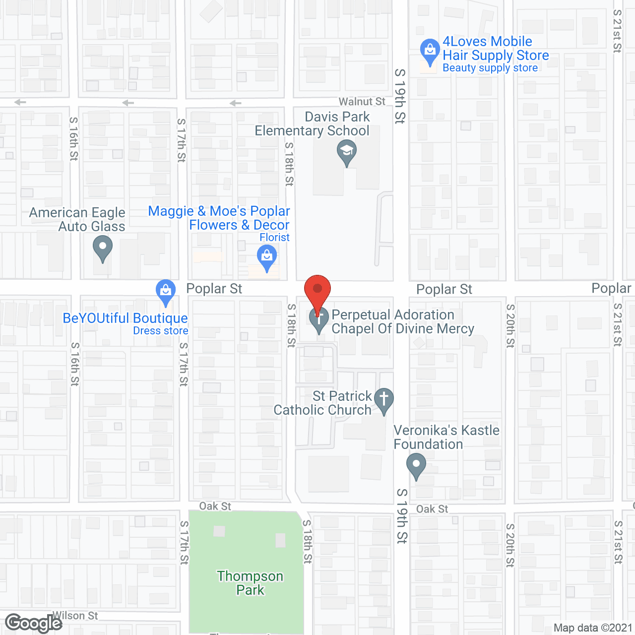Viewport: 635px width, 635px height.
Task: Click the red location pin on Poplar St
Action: (x=317, y=290)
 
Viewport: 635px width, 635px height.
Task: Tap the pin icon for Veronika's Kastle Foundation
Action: (x=416, y=466)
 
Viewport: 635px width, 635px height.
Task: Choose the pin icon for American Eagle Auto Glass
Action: (x=103, y=247)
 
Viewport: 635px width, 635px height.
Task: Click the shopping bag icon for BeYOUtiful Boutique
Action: (x=166, y=291)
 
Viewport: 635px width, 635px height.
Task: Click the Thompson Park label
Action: (x=250, y=583)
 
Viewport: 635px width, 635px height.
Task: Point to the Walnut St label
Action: (x=362, y=102)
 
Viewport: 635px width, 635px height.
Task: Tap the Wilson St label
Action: (x=75, y=616)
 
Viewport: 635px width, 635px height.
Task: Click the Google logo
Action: (x=33, y=623)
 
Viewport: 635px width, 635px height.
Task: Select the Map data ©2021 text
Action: (x=593, y=628)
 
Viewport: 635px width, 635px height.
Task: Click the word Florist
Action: (x=274, y=238)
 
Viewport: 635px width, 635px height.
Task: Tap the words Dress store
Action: (x=160, y=331)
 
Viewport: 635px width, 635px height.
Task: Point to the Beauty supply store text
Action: (x=490, y=68)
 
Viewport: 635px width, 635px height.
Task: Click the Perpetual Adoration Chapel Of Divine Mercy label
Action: (x=402, y=321)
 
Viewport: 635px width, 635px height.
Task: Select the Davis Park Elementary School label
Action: (x=313, y=124)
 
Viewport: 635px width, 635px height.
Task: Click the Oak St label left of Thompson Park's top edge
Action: (x=215, y=506)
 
